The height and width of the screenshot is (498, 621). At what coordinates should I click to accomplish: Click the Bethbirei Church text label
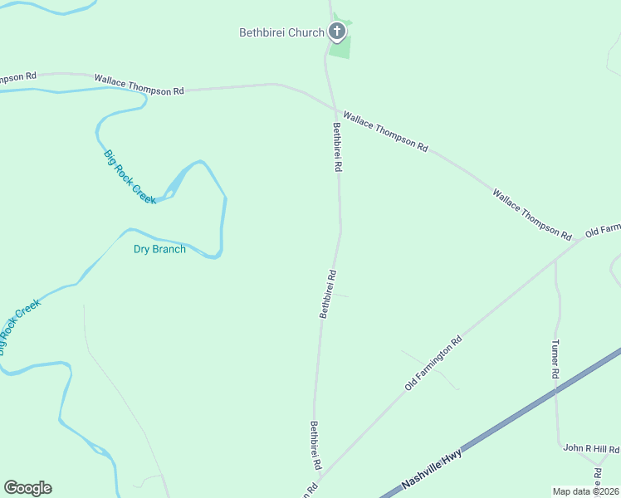pyautogui.click(x=281, y=33)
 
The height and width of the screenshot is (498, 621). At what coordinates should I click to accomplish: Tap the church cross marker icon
pyautogui.click(x=337, y=32)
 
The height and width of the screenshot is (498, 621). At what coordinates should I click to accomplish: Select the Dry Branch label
pyautogui.click(x=159, y=249)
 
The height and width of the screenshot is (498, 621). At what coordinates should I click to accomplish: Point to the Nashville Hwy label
pyautogui.click(x=431, y=466)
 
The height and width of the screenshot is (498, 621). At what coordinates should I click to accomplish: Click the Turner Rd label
pyautogui.click(x=555, y=359)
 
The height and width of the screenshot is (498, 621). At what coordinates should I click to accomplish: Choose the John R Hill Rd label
pyautogui.click(x=591, y=449)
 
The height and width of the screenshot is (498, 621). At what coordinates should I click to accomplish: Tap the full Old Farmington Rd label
pyautogui.click(x=433, y=364)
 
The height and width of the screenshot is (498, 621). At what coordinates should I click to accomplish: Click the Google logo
pyautogui.click(x=27, y=488)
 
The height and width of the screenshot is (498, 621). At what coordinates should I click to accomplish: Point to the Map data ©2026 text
pyautogui.click(x=585, y=491)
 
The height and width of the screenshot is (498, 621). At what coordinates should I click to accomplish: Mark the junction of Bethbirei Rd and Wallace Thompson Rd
pyautogui.click(x=335, y=110)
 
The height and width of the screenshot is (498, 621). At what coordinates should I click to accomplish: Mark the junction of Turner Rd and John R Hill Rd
pyautogui.click(x=559, y=446)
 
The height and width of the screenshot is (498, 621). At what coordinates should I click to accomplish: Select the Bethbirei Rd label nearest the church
pyautogui.click(x=338, y=147)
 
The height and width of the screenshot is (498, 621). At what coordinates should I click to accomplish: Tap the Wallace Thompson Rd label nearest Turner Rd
pyautogui.click(x=532, y=212)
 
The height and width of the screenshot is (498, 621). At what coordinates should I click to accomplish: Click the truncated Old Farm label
pyautogui.click(x=603, y=230)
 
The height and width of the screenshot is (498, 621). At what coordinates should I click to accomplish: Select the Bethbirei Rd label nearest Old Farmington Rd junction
pyautogui.click(x=315, y=446)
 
